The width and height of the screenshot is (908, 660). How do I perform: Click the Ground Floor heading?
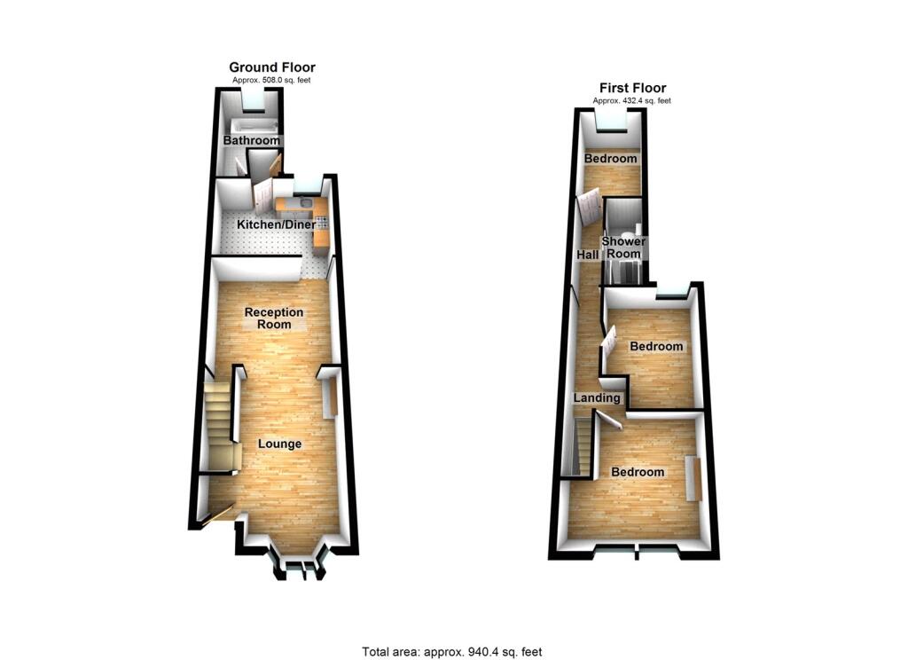(x=272, y=67)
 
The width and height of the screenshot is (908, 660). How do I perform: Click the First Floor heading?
(x=632, y=88)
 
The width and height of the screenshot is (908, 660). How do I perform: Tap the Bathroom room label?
(x=251, y=141)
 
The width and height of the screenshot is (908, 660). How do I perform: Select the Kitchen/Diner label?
(x=276, y=225)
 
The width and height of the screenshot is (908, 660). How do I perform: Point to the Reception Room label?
(x=274, y=318)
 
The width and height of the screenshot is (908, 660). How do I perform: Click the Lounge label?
(x=279, y=444)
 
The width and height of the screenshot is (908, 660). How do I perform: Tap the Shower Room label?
(x=622, y=247)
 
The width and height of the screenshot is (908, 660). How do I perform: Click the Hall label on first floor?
(x=587, y=255)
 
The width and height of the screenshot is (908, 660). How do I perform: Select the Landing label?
(x=597, y=398)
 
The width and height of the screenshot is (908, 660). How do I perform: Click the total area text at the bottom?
(x=451, y=652)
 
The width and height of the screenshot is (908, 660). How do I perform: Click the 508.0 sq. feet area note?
(x=272, y=81)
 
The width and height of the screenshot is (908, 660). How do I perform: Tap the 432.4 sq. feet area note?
(x=632, y=101)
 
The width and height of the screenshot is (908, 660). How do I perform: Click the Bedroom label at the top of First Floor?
(x=610, y=159)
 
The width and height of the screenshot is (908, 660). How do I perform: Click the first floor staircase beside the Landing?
(x=582, y=448)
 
